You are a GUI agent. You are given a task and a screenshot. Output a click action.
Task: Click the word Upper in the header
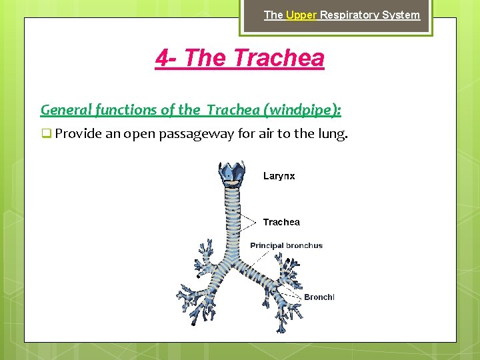click(x=301, y=15)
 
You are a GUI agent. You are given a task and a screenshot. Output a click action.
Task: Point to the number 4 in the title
click(x=162, y=58)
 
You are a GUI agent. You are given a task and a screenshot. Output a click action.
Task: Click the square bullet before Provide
click(x=46, y=133)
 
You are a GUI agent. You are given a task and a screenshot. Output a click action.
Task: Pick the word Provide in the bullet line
click(x=77, y=133)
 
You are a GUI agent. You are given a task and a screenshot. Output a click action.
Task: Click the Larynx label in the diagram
click(x=279, y=176)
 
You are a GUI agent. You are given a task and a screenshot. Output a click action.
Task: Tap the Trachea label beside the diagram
click(x=281, y=222)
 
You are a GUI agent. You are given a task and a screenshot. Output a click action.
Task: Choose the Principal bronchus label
click(x=286, y=245)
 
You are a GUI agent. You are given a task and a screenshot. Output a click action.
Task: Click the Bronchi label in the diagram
click(x=319, y=297)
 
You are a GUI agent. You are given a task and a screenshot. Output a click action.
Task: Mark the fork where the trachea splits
click(x=234, y=257)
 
